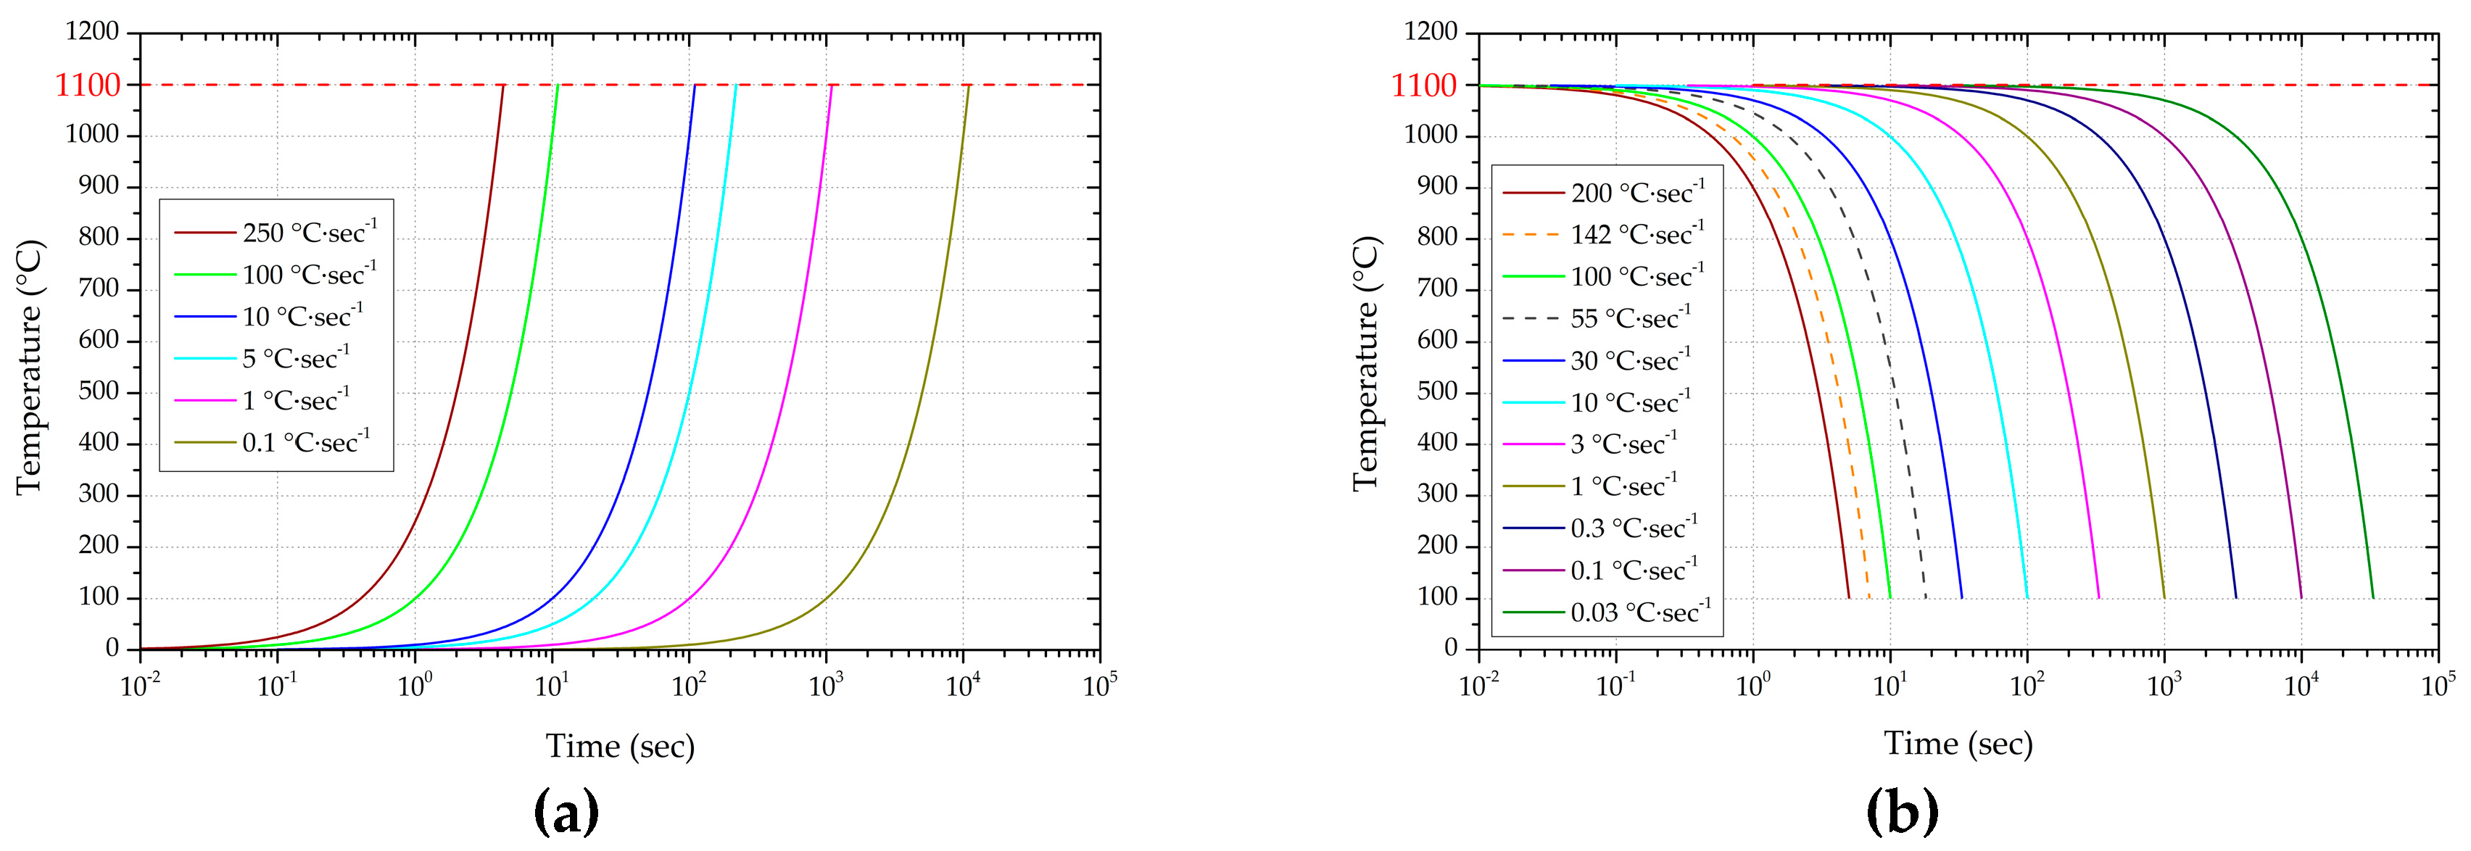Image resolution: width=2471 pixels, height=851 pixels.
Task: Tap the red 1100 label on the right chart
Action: click(1425, 86)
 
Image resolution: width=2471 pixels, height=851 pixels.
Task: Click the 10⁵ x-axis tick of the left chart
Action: click(1098, 685)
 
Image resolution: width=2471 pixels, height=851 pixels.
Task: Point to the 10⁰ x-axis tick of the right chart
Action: click(1752, 685)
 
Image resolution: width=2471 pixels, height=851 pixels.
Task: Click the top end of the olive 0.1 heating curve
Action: click(969, 86)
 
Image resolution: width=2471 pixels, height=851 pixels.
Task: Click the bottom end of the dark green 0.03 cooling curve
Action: click(2373, 598)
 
